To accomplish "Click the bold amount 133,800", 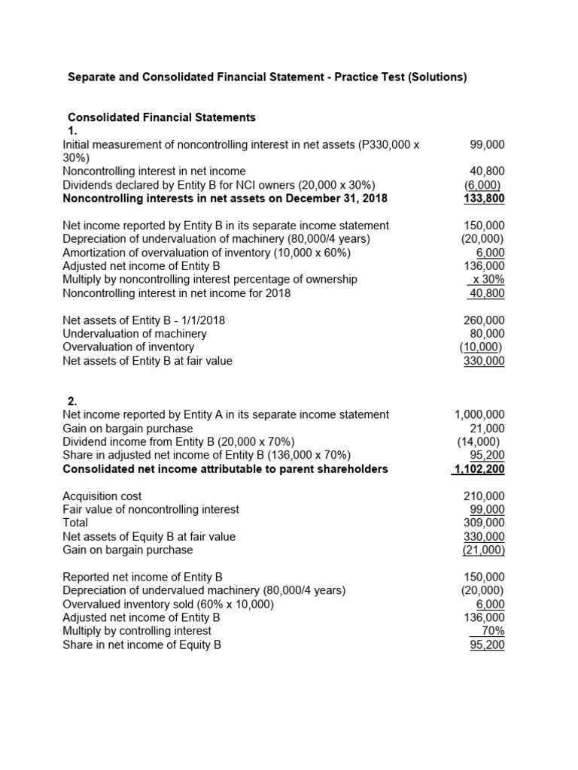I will click(x=484, y=199).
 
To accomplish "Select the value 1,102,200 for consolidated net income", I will click(x=479, y=469).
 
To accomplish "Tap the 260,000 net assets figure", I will click(x=485, y=320).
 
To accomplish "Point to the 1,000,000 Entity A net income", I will click(x=479, y=414).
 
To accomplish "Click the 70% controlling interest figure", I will click(x=493, y=631).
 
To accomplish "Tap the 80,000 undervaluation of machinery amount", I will click(x=488, y=334).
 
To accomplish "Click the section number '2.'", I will click(x=73, y=401).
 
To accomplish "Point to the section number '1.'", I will click(x=73, y=131).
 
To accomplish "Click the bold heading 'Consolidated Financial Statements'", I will click(x=162, y=117).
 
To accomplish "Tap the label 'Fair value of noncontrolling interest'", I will click(x=151, y=510).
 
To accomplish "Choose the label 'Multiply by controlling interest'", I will click(x=137, y=631).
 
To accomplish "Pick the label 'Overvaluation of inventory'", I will click(x=128, y=347).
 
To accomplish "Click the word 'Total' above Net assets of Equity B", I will click(x=75, y=523).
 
